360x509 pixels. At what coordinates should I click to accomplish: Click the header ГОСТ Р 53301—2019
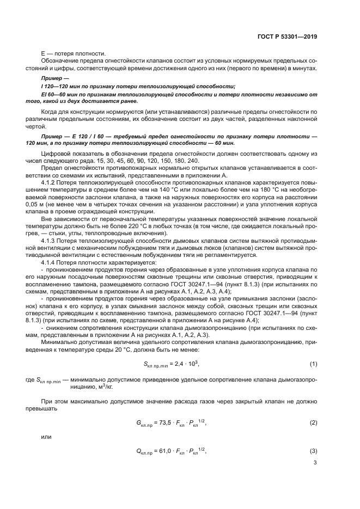pyautogui.click(x=287, y=38)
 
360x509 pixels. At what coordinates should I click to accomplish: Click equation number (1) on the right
pyautogui.click(x=313, y=363)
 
